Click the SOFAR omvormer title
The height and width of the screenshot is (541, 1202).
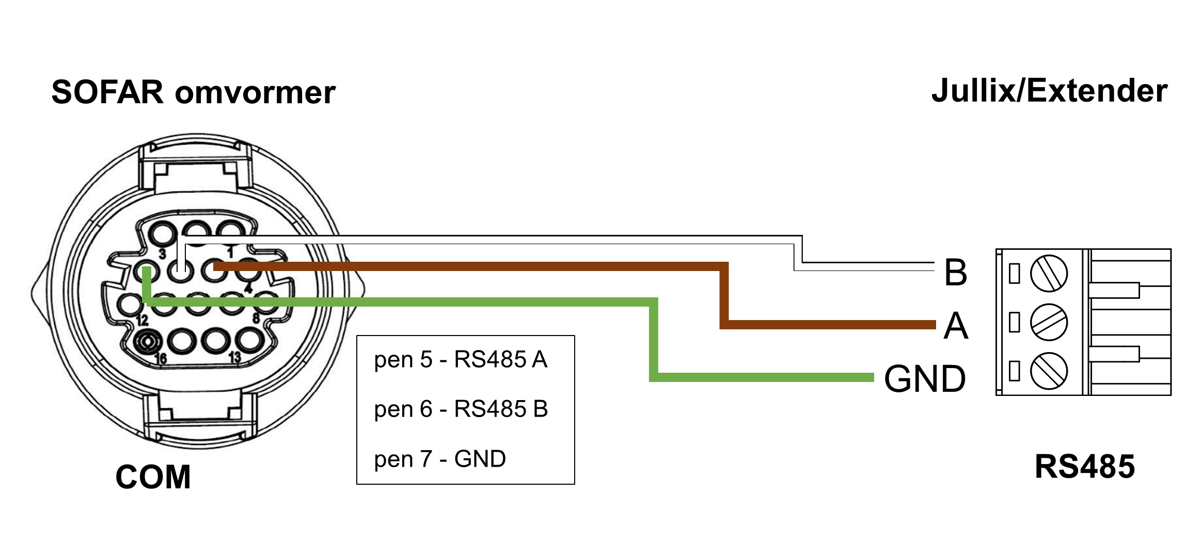(x=194, y=93)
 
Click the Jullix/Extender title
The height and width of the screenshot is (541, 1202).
(x=1049, y=91)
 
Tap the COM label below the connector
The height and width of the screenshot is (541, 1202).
(x=153, y=476)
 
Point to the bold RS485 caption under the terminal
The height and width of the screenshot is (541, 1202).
(x=1085, y=467)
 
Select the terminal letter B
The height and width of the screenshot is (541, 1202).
(x=956, y=273)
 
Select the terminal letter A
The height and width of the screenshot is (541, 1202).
(x=956, y=326)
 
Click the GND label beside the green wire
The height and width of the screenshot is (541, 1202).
(x=925, y=379)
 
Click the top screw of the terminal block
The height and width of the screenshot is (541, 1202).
(x=1049, y=273)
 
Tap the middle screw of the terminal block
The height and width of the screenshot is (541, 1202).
(x=1049, y=323)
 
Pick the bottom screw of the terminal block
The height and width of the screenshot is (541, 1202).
(x=1049, y=371)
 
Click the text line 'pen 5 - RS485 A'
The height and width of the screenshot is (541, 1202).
(x=461, y=360)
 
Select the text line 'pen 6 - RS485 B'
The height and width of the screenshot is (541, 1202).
(x=461, y=409)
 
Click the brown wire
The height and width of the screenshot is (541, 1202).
(x=465, y=266)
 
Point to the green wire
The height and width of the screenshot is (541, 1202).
(x=413, y=302)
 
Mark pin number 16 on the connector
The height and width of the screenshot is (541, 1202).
(x=161, y=358)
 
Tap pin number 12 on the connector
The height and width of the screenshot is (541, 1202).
(x=143, y=321)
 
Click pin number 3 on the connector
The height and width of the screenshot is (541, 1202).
(x=163, y=254)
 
